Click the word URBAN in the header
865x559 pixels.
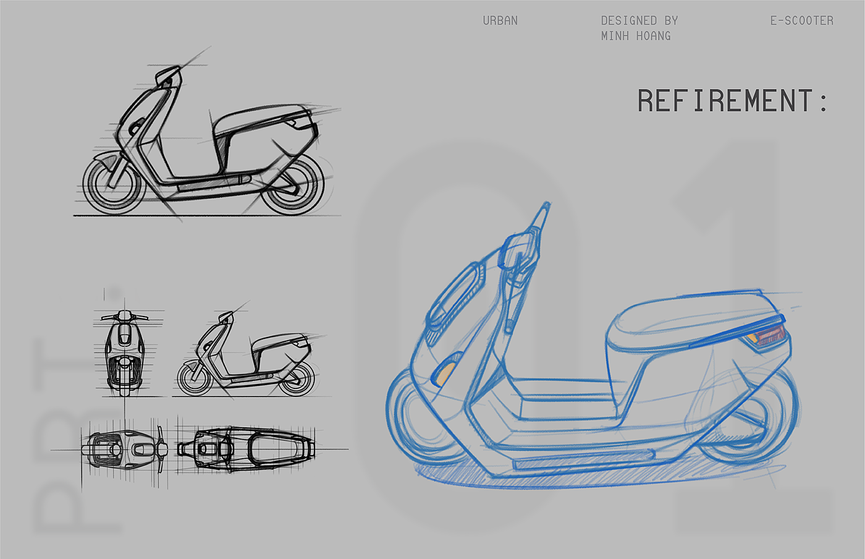500,21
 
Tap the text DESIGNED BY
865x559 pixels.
639,21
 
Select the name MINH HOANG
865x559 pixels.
635,36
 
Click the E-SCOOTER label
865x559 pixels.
801,21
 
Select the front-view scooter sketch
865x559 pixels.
125,352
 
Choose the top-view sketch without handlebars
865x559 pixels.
246,449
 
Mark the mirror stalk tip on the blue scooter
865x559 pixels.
545,207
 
